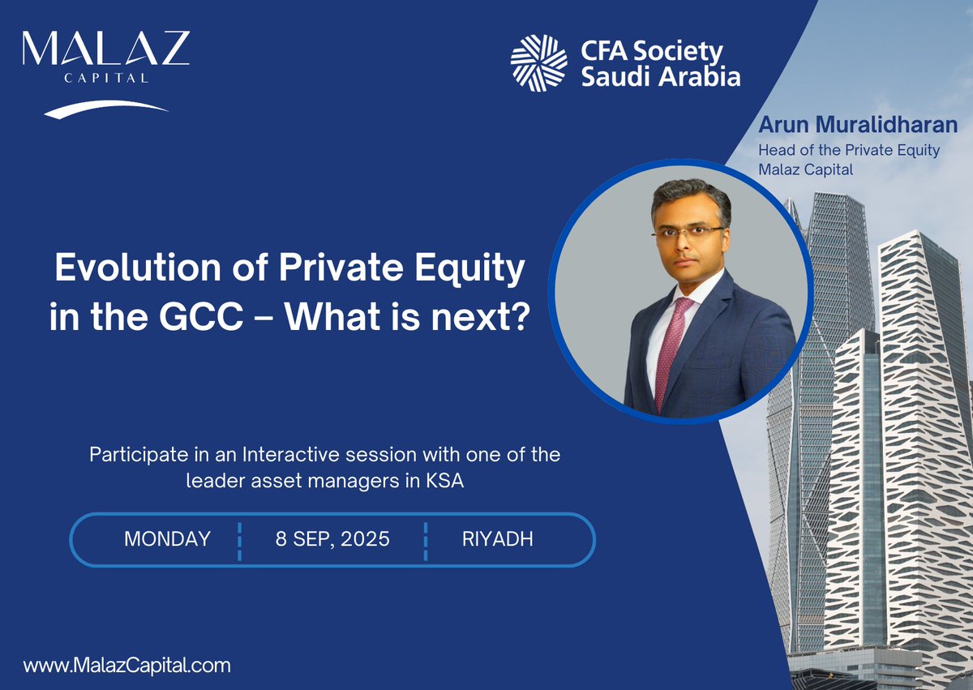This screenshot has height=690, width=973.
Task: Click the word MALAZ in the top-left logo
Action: click(105, 50)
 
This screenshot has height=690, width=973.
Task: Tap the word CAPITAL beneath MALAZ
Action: click(105, 79)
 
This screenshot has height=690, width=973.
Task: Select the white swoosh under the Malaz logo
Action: click(105, 109)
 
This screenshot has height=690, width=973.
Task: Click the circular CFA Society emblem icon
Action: click(538, 63)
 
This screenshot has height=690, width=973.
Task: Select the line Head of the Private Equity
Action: click(848, 150)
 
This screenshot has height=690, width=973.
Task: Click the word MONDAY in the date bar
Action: click(167, 539)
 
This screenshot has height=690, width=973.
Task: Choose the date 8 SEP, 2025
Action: click(332, 539)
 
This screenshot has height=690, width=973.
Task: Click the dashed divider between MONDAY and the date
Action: click(240, 541)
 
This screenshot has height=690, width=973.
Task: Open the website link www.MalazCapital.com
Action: click(127, 666)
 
